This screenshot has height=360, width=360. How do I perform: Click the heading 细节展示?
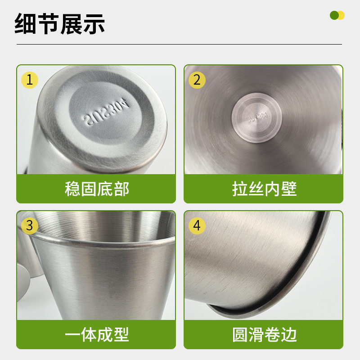60,24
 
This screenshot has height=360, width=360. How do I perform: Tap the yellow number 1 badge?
30,80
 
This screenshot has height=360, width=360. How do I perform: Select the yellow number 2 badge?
197,80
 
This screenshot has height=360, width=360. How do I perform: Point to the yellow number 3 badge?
30,225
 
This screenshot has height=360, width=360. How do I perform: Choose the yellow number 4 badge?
197,225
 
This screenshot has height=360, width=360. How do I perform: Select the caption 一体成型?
97,334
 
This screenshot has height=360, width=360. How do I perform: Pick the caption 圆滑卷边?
264,334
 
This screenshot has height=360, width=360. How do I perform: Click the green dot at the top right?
334,15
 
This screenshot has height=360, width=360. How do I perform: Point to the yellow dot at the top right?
341,15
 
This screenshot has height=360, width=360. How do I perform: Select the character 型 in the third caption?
121,334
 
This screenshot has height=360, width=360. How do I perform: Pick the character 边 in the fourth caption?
288,334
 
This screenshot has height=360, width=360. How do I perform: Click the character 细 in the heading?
26,24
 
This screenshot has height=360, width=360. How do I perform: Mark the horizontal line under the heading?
180,44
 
